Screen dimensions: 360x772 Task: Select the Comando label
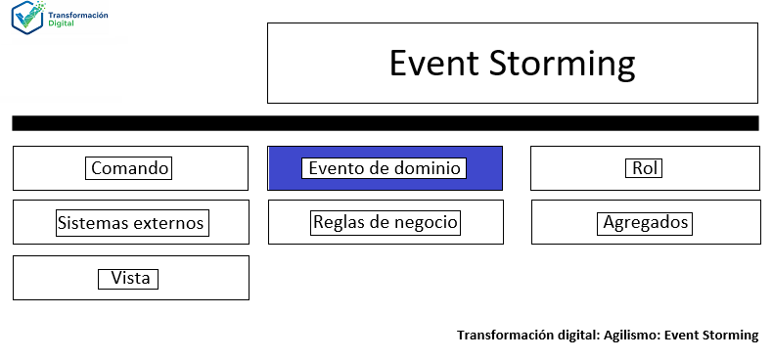point(130,168)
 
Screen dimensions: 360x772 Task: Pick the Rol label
point(644,168)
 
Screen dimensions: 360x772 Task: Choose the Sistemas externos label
point(130,223)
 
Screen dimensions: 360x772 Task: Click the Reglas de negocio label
point(385,222)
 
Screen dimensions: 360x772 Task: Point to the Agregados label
point(645,223)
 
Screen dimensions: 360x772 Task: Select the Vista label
point(130,279)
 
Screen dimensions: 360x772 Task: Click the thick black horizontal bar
point(385,123)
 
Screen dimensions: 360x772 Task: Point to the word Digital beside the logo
point(60,24)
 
